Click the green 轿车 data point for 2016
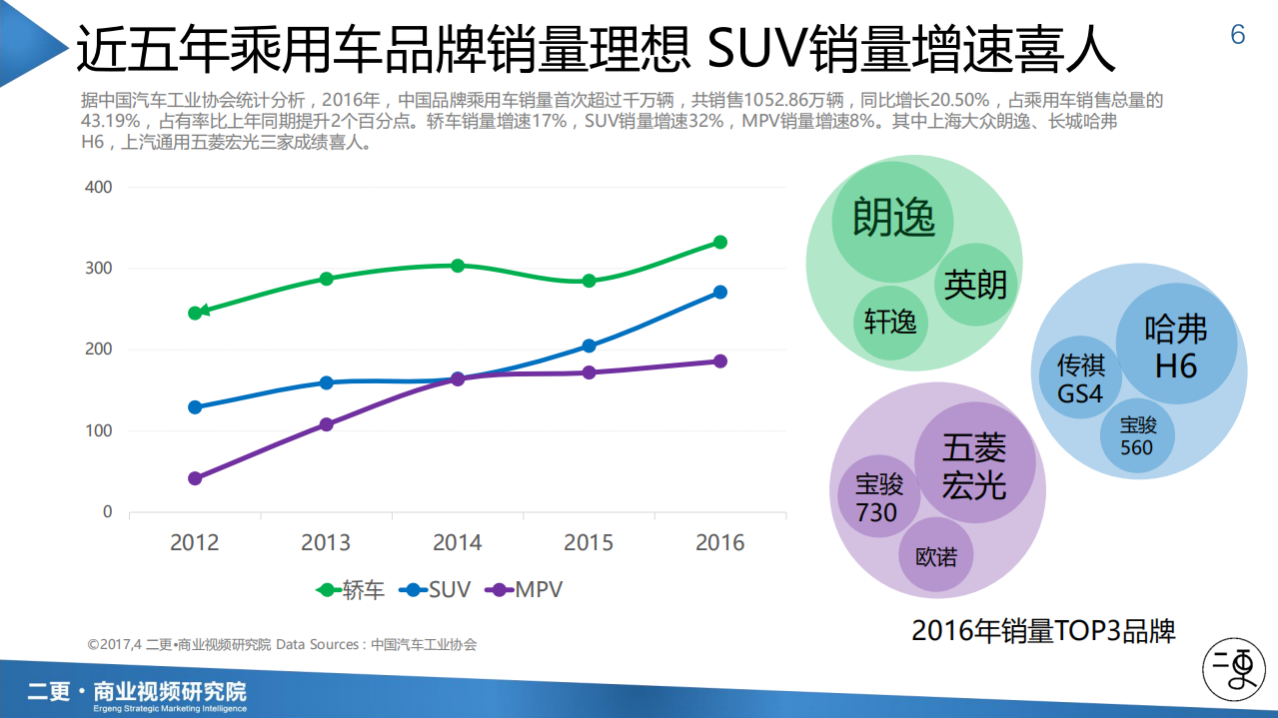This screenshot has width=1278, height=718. coord(719,243)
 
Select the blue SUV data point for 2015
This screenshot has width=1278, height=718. coord(589,347)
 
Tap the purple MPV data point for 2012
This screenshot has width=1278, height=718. coord(195,478)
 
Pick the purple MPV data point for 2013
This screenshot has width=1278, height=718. coord(326,424)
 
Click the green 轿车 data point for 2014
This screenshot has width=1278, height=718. coord(458,266)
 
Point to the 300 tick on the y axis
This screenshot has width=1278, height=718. coord(99,269)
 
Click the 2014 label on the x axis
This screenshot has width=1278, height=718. coord(458,542)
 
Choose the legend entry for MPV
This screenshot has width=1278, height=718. coord(524,589)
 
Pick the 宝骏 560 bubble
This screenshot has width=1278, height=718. coord(1137,436)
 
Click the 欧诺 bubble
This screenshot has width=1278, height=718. coord(936,555)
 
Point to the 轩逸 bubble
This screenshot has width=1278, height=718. coord(890,322)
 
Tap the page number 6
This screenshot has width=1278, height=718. coord(1238,35)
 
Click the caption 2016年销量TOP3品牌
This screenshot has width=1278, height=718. coord(1043,631)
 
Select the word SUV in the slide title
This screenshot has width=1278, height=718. coord(754,47)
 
